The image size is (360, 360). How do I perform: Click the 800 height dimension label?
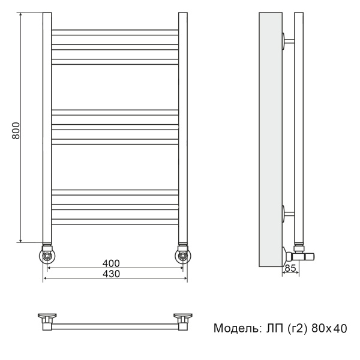coord(16,131)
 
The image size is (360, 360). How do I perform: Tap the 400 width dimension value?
coord(111,263)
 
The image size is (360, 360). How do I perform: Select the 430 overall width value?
coord(111,274)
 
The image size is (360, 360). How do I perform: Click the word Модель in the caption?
coord(235,328)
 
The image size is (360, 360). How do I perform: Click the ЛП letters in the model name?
coord(271,328)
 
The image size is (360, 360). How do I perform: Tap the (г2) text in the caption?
coord(296,328)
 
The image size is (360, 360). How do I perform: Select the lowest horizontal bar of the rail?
coord(115,221)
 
